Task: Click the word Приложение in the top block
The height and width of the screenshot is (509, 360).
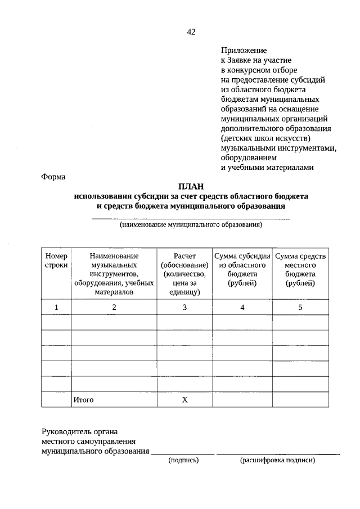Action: coord(243,50)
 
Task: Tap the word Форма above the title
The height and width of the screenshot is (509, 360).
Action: coord(53,177)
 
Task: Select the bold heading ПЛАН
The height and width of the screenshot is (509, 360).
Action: coord(191,187)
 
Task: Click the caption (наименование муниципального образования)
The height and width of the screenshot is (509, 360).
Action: coord(191,225)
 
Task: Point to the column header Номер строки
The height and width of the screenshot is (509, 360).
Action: coord(56,260)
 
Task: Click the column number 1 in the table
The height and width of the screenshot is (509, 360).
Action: coord(56,307)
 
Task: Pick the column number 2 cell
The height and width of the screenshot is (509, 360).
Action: coord(114,307)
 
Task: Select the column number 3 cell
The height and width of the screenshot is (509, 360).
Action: coord(184,307)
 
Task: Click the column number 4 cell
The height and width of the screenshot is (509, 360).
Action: coord(242,307)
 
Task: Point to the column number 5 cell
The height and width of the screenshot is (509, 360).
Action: coord(300,307)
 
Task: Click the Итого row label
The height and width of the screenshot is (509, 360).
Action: coord(83,400)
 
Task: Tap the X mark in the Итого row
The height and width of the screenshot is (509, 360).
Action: coord(184,400)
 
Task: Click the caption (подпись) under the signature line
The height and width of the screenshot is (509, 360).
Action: coord(183,460)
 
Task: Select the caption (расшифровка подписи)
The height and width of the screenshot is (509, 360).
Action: coord(278,460)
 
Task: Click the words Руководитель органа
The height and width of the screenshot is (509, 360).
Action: coord(79,432)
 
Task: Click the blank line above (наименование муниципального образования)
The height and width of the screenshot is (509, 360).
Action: coord(191,218)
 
